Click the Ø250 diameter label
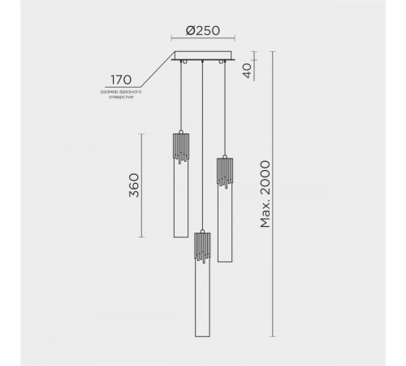coord(204,31)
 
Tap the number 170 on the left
coord(121,80)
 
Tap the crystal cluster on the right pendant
coord(224,172)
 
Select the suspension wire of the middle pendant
coord(201,146)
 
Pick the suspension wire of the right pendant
coord(224,106)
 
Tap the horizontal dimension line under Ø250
coord(203,39)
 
